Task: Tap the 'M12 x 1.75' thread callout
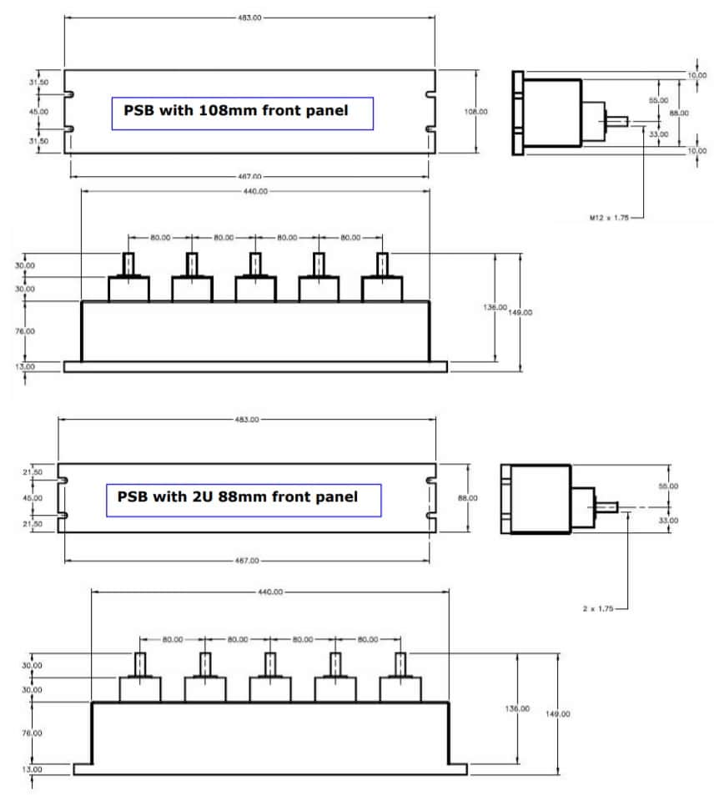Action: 608,217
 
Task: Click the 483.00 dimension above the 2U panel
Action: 248,419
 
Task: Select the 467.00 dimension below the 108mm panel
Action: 250,176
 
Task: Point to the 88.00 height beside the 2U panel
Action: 468,498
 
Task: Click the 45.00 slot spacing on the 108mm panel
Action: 38,111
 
